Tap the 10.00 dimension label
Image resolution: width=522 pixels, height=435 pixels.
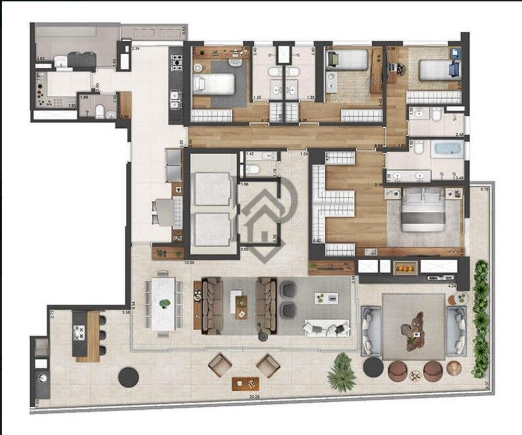point(189,263)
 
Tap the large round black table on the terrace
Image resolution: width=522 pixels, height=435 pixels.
point(128,377)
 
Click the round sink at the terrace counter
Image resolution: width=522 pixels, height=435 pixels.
point(41,376)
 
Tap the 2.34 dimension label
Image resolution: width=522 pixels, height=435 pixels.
point(136,49)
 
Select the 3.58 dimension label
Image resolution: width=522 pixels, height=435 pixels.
point(125,312)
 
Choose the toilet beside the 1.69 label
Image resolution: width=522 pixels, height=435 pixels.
point(100,111)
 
